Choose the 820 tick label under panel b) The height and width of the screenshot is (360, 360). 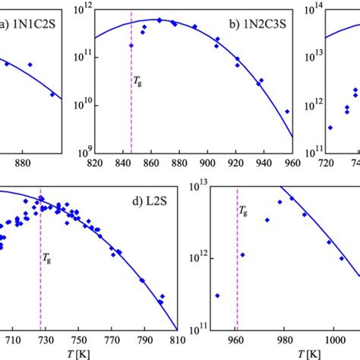(x=96, y=163)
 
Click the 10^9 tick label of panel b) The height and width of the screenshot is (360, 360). (x=81, y=151)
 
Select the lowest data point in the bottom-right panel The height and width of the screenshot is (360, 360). (x=217, y=295)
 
